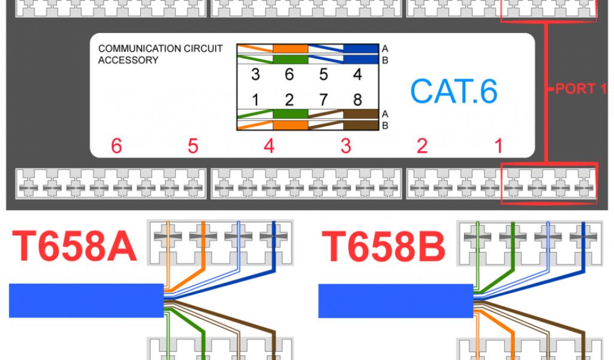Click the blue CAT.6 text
point(454,91)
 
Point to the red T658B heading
point(384,247)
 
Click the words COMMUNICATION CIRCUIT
point(160,49)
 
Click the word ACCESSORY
point(128,60)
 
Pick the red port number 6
point(116,146)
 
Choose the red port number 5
point(192,146)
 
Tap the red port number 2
point(422,146)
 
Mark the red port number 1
point(498,146)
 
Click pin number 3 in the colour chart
point(255,75)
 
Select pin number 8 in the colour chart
point(357,99)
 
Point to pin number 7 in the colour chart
point(324,99)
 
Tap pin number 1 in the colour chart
point(255,99)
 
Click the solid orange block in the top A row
point(291,49)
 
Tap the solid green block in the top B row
point(291,59)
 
